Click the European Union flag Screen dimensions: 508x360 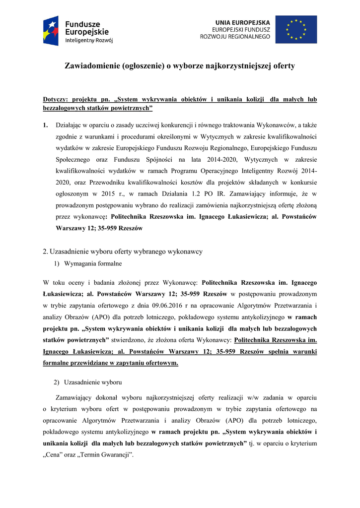coord(296,29)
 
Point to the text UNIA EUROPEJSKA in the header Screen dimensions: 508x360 coord(243,22)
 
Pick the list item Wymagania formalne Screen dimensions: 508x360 coord(93,263)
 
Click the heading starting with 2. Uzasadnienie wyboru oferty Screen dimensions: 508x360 coord(123,252)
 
